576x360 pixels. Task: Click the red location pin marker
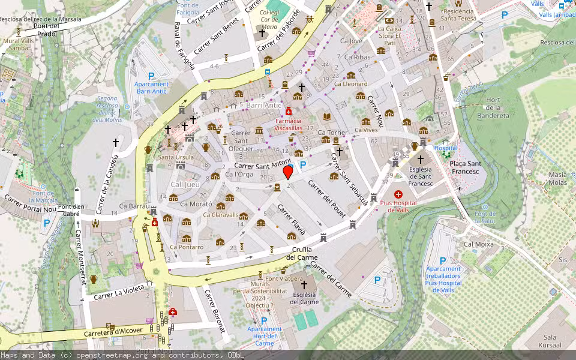point(288,172)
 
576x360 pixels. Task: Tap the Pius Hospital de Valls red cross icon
point(398,194)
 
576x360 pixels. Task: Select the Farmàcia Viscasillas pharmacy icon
point(289,112)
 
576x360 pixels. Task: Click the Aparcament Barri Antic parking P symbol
point(151,76)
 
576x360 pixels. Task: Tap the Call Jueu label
point(185,185)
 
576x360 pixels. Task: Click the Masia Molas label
point(557,178)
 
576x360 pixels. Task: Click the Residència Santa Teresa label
point(458,15)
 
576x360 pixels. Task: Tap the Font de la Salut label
point(485,218)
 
